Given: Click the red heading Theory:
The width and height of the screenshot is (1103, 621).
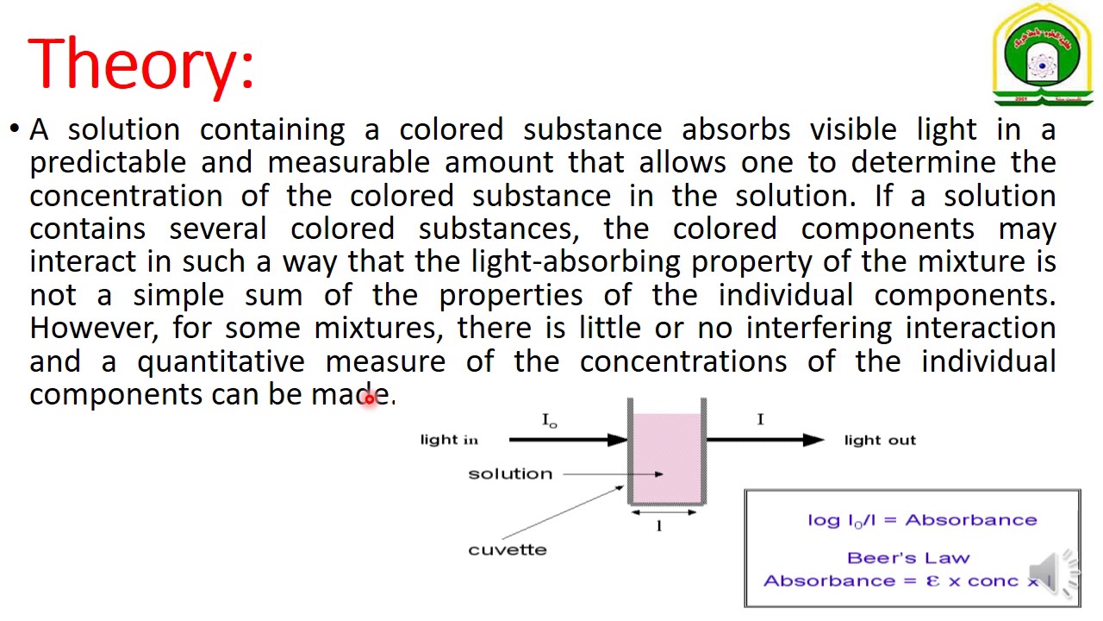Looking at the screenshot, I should [x=141, y=63].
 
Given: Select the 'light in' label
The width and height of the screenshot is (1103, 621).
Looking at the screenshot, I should [x=449, y=440].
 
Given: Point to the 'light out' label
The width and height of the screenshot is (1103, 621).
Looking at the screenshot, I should [x=880, y=440].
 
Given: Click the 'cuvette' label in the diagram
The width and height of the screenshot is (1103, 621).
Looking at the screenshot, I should [x=508, y=549].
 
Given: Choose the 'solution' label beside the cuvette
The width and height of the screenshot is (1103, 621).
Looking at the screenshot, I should [x=510, y=474].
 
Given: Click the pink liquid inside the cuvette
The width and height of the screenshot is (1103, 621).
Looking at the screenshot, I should [x=667, y=457].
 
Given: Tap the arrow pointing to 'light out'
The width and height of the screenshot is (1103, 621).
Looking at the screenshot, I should [x=765, y=440].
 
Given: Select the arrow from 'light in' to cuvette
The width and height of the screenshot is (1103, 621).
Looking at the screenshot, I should [x=569, y=440].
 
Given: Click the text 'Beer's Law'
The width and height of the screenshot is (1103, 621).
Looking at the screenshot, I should [x=908, y=558].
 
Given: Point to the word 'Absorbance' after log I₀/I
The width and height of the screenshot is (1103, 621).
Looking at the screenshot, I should [x=970, y=520].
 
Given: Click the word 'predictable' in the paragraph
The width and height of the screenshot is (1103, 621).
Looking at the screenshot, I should [x=108, y=162].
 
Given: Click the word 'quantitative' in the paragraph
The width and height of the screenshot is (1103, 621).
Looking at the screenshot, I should [x=221, y=361].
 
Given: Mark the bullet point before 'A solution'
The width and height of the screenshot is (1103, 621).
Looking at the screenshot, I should [x=15, y=130].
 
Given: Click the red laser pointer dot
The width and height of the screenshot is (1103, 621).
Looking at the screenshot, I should [x=370, y=398].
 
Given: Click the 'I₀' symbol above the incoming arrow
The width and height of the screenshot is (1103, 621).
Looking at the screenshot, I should [x=550, y=420].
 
